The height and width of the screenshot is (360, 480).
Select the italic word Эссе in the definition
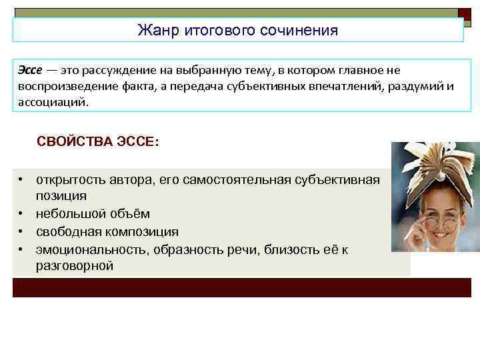pos(30,70)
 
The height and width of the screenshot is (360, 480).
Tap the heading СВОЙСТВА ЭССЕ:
pos(98,142)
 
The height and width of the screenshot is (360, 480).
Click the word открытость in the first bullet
pos(71,180)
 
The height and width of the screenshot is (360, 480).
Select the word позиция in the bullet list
pos(61,196)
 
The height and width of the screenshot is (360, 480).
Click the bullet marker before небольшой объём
pos(22,214)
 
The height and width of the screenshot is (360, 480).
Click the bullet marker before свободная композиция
pos(22,231)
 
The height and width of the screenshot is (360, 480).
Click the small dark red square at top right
pos(465,13)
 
